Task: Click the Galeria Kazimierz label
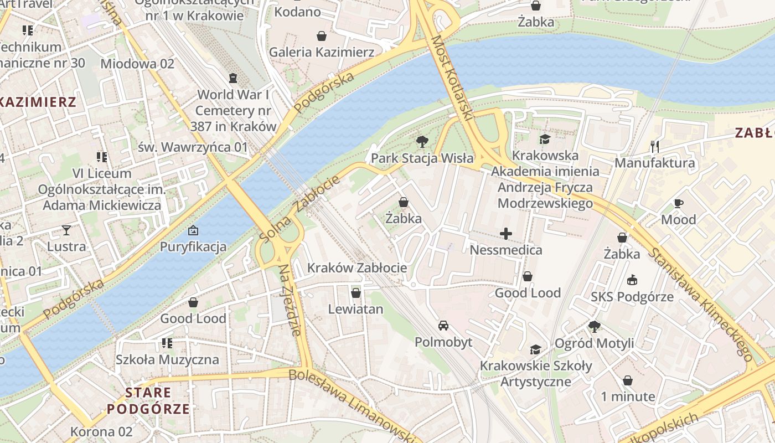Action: (322, 52)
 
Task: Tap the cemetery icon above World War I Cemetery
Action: (233, 78)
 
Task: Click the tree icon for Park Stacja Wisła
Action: (422, 142)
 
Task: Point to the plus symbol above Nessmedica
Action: (506, 234)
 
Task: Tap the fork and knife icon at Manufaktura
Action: (655, 146)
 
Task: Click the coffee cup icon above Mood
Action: (679, 203)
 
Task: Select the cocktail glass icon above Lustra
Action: (66, 230)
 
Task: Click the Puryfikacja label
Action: (193, 246)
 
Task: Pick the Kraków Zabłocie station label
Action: (357, 268)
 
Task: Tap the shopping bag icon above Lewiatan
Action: (355, 292)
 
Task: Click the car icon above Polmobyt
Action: (443, 325)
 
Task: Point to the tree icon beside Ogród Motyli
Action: (595, 327)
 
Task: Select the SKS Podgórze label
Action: (632, 296)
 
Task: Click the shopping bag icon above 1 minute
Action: (628, 380)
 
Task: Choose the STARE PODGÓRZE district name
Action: (148, 401)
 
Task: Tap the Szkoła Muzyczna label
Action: (167, 359)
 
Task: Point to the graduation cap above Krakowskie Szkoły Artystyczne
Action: (535, 349)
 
